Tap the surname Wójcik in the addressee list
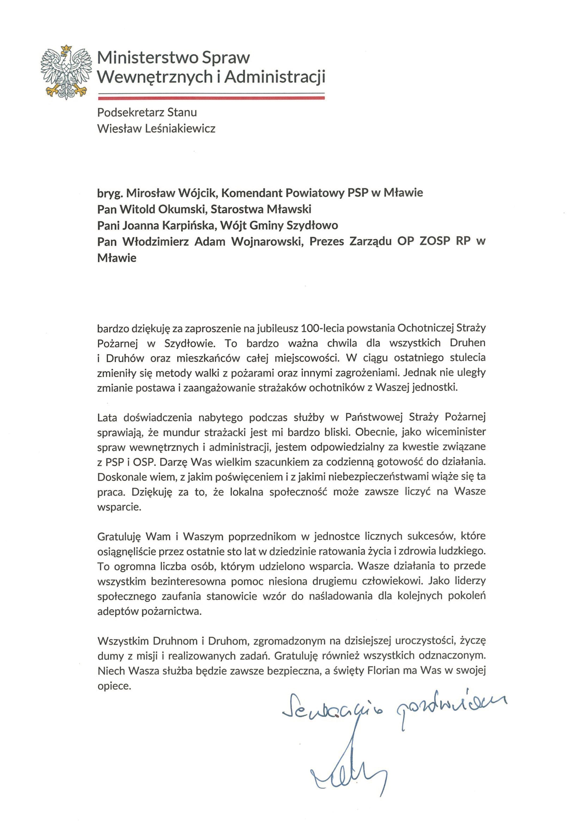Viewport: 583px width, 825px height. (x=197, y=193)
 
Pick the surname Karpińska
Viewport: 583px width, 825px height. (x=188, y=225)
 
